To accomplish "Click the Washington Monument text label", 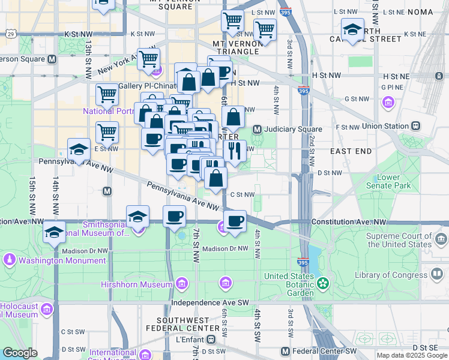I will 62,261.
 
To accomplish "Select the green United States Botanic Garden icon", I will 324,282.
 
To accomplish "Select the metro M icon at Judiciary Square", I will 257,129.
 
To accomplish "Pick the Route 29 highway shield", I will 12,34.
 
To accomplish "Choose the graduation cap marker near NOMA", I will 352,29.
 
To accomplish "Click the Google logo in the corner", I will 20,353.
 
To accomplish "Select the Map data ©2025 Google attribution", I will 411,355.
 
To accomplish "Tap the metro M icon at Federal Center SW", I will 286,351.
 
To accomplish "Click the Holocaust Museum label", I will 19,310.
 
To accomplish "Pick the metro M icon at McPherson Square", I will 52,59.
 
